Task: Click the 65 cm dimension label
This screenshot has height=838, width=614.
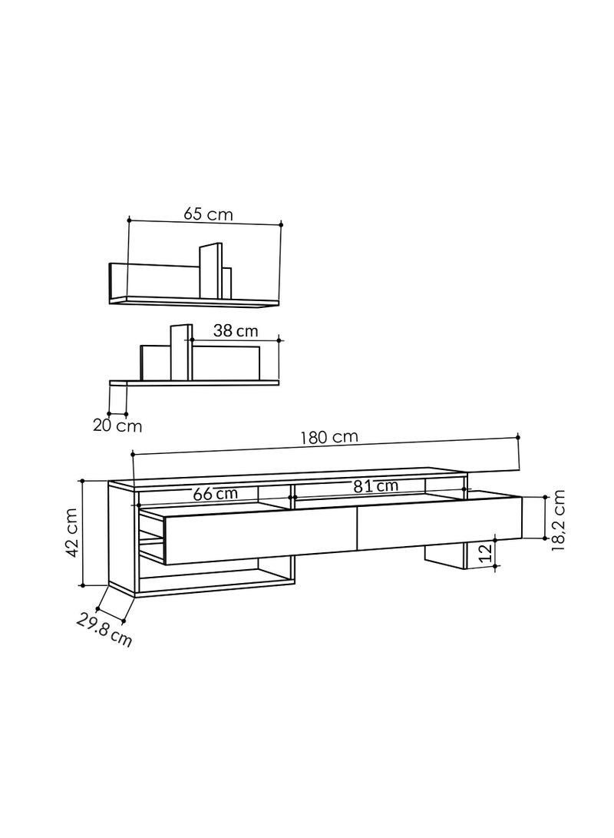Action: tap(208, 214)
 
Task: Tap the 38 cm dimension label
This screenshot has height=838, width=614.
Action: tap(236, 331)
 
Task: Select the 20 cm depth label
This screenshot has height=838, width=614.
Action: tap(117, 426)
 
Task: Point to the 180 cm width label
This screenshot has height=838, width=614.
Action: tap(329, 437)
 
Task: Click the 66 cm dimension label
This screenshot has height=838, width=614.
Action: tap(215, 493)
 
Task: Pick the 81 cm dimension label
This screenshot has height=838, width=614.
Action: tap(376, 486)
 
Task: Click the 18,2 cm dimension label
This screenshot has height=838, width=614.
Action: tap(557, 521)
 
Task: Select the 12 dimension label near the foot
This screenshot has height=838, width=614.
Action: tap(485, 553)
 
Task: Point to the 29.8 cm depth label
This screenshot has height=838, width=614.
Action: tap(104, 630)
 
